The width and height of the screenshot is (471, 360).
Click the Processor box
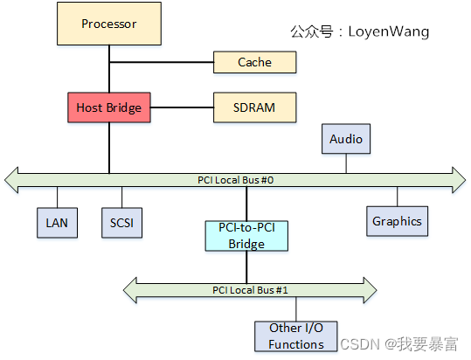point(109,24)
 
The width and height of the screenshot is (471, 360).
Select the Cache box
point(255,62)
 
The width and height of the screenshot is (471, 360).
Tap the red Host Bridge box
point(109,107)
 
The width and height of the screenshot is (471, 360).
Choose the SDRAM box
point(255,107)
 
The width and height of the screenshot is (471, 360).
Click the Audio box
point(346,139)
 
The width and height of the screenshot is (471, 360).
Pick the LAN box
point(57,222)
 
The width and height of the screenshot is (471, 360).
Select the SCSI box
point(121,222)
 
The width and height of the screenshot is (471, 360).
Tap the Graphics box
point(397,221)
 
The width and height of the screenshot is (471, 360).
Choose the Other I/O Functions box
point(296,336)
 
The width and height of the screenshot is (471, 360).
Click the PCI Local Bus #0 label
point(236,180)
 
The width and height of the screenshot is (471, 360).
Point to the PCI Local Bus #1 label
point(250,289)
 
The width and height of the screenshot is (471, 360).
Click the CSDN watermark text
point(357,345)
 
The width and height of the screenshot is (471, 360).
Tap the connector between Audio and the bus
point(346,162)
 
